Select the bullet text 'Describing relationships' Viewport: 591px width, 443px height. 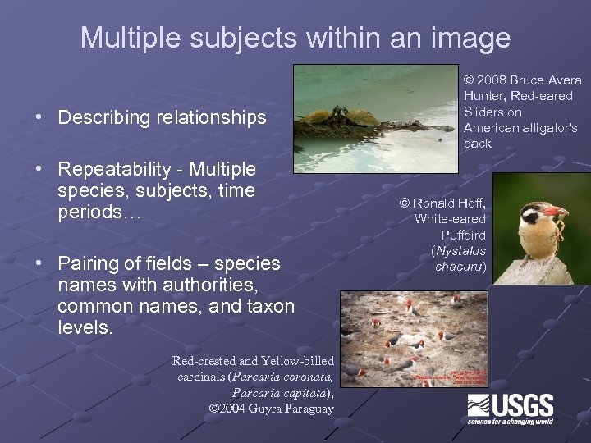click(162, 117)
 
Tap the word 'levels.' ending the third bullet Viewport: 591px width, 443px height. click(86, 327)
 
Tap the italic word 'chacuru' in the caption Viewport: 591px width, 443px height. click(459, 267)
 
